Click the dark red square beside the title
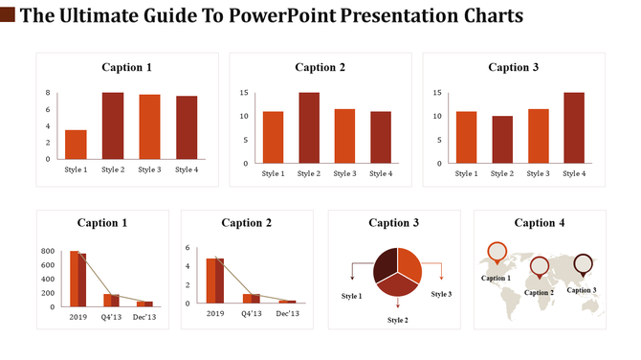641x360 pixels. [x=7, y=16]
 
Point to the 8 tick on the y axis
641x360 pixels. [x=48, y=93]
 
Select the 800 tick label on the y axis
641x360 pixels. [x=47, y=251]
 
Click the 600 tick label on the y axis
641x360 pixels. [x=47, y=265]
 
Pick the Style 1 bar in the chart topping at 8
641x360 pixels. [x=76, y=144]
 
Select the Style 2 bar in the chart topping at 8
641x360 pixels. [x=113, y=125]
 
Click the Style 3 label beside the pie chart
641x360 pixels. [x=441, y=294]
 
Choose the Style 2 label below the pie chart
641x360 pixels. [x=397, y=320]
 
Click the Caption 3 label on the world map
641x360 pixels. [x=582, y=290]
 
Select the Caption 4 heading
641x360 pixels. [x=540, y=223]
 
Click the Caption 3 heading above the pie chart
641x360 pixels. [x=394, y=223]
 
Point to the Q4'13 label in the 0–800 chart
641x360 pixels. [x=112, y=314]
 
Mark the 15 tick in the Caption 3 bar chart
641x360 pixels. [x=435, y=93]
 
